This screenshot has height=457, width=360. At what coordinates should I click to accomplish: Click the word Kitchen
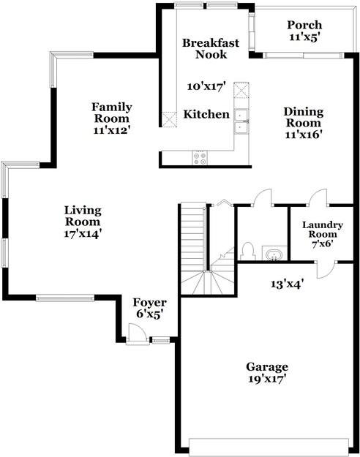click(206, 115)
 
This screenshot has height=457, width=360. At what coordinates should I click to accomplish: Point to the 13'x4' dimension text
click(287, 283)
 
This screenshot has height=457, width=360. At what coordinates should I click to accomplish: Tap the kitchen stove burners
click(199, 156)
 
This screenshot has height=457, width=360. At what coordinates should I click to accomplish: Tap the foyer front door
click(135, 336)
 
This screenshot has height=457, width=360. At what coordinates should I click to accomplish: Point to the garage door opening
click(269, 445)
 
